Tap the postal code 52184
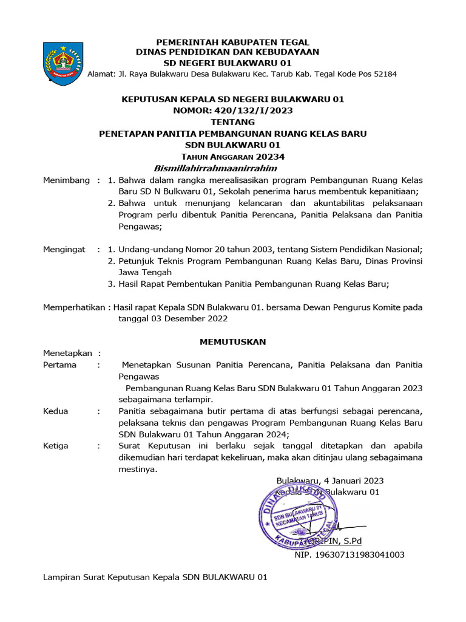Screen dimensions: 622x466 coord(384,74)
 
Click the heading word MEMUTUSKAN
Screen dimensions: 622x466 coord(233,342)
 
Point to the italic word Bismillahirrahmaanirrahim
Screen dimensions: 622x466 coord(215,168)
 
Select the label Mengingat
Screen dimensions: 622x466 coord(64,250)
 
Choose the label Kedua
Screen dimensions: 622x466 coord(56,411)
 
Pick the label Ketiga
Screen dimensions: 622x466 coord(56,446)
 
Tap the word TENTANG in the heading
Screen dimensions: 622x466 coord(233,121)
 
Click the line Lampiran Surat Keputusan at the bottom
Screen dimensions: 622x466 coord(155,577)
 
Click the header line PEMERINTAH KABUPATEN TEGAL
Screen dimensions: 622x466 coord(233,42)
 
